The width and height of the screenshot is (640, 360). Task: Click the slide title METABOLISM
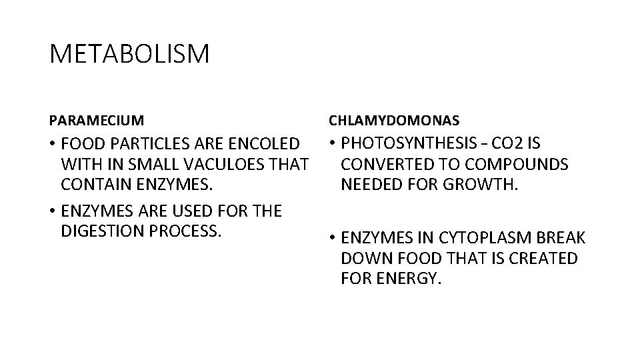click(x=129, y=54)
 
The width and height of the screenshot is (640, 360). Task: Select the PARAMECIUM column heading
click(x=96, y=121)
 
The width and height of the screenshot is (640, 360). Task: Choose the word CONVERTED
click(x=389, y=163)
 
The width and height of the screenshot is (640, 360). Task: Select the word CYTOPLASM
click(x=480, y=238)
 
